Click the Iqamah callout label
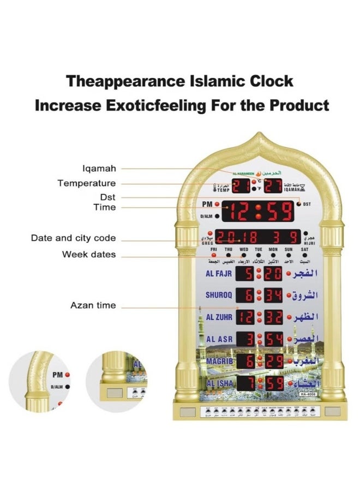click(x=99, y=169)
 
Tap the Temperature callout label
click(x=87, y=183)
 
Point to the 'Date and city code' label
click(x=73, y=238)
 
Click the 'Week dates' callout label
click(x=89, y=254)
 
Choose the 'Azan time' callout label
click(x=93, y=305)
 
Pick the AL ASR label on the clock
click(x=220, y=339)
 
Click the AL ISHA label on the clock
click(x=220, y=383)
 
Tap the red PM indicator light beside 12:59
click(x=218, y=205)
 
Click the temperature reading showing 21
click(x=242, y=186)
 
